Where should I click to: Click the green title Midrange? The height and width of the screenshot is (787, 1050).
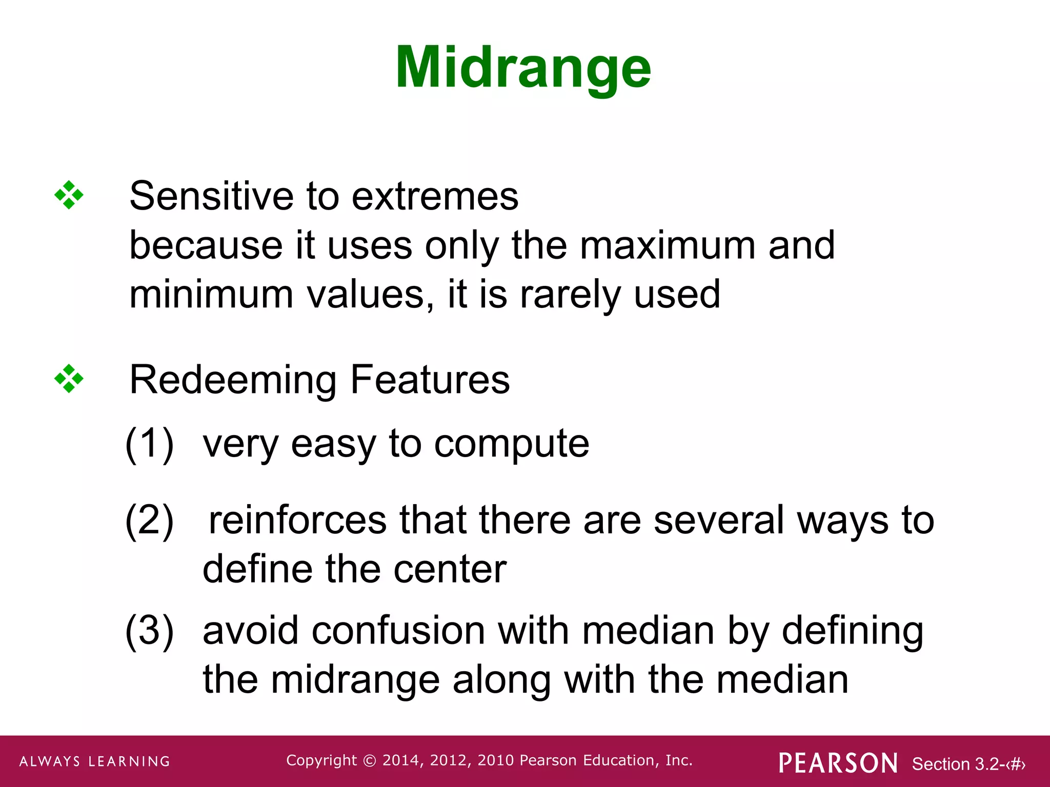[523, 68]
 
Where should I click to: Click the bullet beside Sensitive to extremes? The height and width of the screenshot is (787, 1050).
[69, 195]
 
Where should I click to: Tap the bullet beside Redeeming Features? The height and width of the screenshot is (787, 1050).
[69, 379]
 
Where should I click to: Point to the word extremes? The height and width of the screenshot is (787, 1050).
[435, 197]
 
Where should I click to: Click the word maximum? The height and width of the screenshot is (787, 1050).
[668, 245]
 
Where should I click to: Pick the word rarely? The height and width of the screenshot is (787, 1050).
[570, 295]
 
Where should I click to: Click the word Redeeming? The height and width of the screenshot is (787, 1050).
[233, 380]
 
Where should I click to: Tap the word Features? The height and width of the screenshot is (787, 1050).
[430, 380]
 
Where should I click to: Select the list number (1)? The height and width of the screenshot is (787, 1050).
[150, 443]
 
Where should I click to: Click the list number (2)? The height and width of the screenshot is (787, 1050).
[150, 520]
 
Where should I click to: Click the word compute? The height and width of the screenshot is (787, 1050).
[512, 444]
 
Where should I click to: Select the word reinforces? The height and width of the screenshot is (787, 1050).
[297, 520]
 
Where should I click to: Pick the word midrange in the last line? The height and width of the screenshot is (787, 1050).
[355, 679]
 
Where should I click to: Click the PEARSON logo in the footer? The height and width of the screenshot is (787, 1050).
[838, 763]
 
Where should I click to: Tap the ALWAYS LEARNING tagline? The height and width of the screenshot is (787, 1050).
[95, 761]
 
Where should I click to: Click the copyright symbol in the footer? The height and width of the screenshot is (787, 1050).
[369, 760]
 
